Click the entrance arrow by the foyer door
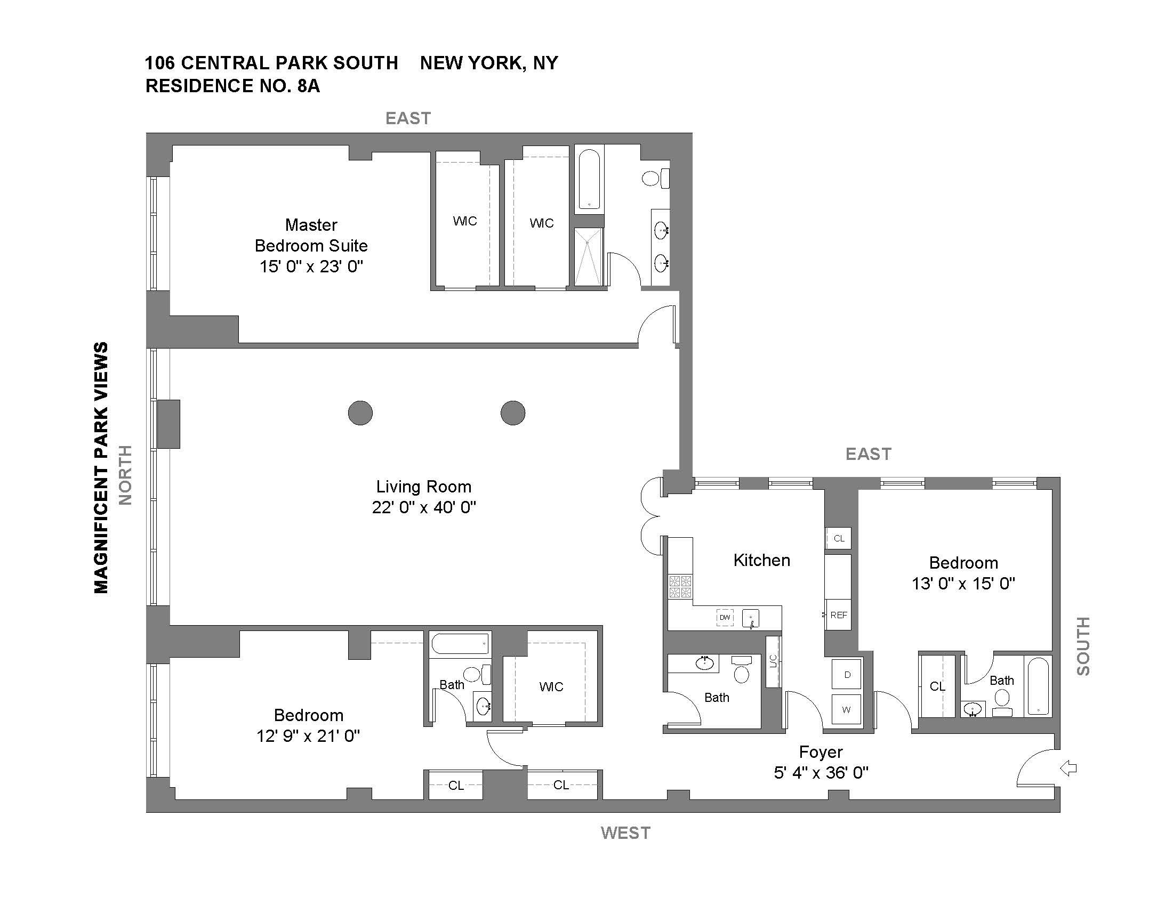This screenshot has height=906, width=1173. click(1068, 769)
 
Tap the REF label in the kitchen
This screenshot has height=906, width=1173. click(838, 615)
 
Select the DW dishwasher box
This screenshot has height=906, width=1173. click(725, 617)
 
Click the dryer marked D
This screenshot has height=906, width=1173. click(847, 675)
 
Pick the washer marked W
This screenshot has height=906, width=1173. click(847, 709)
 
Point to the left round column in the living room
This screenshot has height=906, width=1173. click(360, 412)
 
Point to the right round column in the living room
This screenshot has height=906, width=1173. click(513, 412)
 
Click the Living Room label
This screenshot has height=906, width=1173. click(424, 487)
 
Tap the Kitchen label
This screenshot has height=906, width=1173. click(761, 560)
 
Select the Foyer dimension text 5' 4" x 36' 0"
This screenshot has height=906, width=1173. click(821, 773)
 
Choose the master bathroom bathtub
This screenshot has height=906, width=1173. click(589, 179)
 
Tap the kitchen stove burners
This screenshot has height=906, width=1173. click(680, 587)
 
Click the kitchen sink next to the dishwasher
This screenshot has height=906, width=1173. click(751, 618)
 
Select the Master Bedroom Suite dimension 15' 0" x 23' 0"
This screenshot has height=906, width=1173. click(311, 266)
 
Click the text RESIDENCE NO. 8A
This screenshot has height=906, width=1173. click(232, 86)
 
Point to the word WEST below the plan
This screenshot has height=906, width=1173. click(626, 833)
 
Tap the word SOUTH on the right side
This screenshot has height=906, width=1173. click(1083, 646)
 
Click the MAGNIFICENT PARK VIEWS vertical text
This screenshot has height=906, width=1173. click(101, 467)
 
